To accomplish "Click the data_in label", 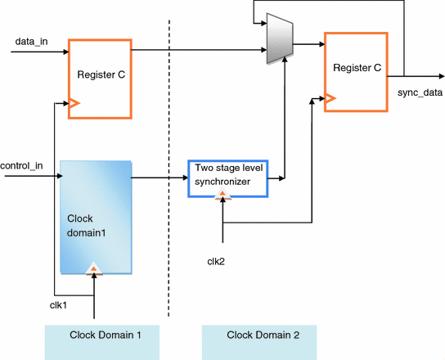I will pyautogui.click(x=30, y=40).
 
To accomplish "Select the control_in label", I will pyautogui.click(x=22, y=166).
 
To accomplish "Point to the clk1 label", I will pyautogui.click(x=58, y=305).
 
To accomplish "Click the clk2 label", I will pyautogui.click(x=217, y=261).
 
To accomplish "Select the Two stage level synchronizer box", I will pyautogui.click(x=228, y=178).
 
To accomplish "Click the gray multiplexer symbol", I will pyautogui.click(x=281, y=43).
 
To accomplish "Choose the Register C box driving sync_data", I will pyautogui.click(x=355, y=69).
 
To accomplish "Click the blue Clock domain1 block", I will pyautogui.click(x=96, y=217).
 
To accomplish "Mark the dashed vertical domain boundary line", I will pyautogui.click(x=169, y=164).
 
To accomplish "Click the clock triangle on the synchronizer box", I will pyautogui.click(x=221, y=195).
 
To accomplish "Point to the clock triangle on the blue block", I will pyautogui.click(x=95, y=268).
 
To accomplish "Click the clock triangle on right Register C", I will pyautogui.click(x=331, y=98).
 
